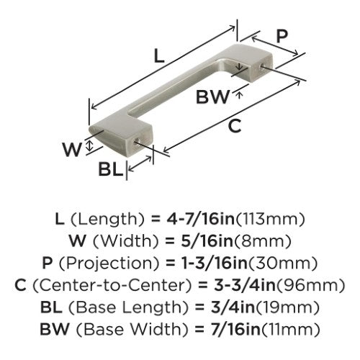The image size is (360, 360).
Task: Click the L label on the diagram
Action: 159,57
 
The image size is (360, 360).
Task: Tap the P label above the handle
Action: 282,37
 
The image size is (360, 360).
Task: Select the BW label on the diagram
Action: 212,97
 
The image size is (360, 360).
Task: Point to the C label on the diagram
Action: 235,126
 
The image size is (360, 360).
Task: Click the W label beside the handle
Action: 72,149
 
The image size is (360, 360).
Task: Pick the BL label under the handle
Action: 110,169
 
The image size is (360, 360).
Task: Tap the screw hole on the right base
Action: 263,66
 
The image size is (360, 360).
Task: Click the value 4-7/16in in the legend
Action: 200,219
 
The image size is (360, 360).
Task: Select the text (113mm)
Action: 271,219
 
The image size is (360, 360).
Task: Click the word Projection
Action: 109,264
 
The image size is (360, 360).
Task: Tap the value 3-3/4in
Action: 244,285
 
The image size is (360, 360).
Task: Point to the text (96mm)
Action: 310,285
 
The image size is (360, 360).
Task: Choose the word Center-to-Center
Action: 112,285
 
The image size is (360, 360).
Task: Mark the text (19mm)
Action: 287,307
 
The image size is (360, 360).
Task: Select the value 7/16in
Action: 232,330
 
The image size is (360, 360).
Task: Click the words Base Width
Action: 132,330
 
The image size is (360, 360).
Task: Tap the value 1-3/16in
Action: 214,264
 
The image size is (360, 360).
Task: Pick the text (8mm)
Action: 262,241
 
